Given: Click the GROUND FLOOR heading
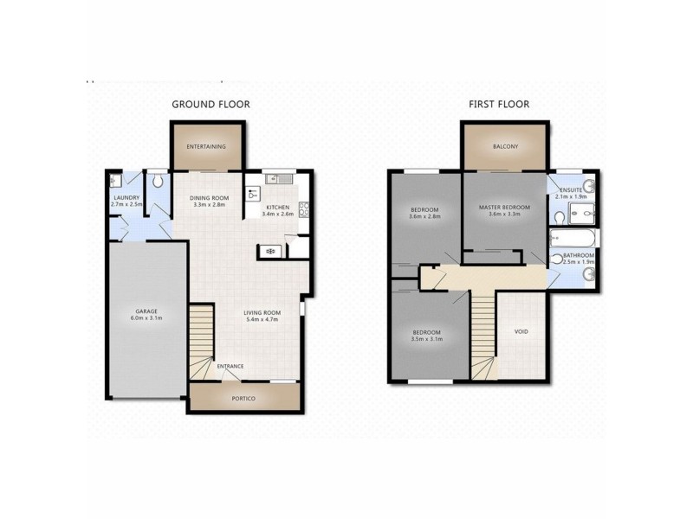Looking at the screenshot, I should click(x=210, y=104).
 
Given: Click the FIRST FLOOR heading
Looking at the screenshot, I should click(x=499, y=104).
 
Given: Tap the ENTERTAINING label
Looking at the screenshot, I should click(x=206, y=147).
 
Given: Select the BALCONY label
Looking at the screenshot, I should click(x=505, y=147).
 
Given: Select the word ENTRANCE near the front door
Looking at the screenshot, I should click(x=230, y=367).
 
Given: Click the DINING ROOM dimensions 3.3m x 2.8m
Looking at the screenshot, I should click(x=208, y=205).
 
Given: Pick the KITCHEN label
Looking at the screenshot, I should click(x=277, y=208).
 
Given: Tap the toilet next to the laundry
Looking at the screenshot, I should click(x=158, y=183).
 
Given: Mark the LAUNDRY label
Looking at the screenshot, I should click(x=126, y=198).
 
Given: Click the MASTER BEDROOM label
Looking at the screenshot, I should click(x=504, y=207).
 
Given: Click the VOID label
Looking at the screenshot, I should click(x=521, y=331).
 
